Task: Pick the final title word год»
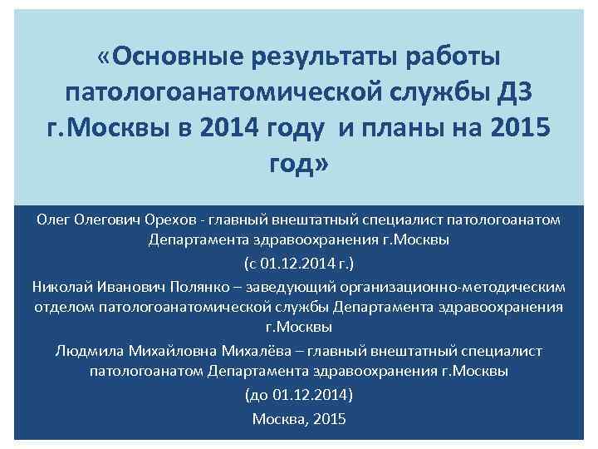pos(299,165)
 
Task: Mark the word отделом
pos(63,307)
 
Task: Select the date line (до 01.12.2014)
pos(299,393)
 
